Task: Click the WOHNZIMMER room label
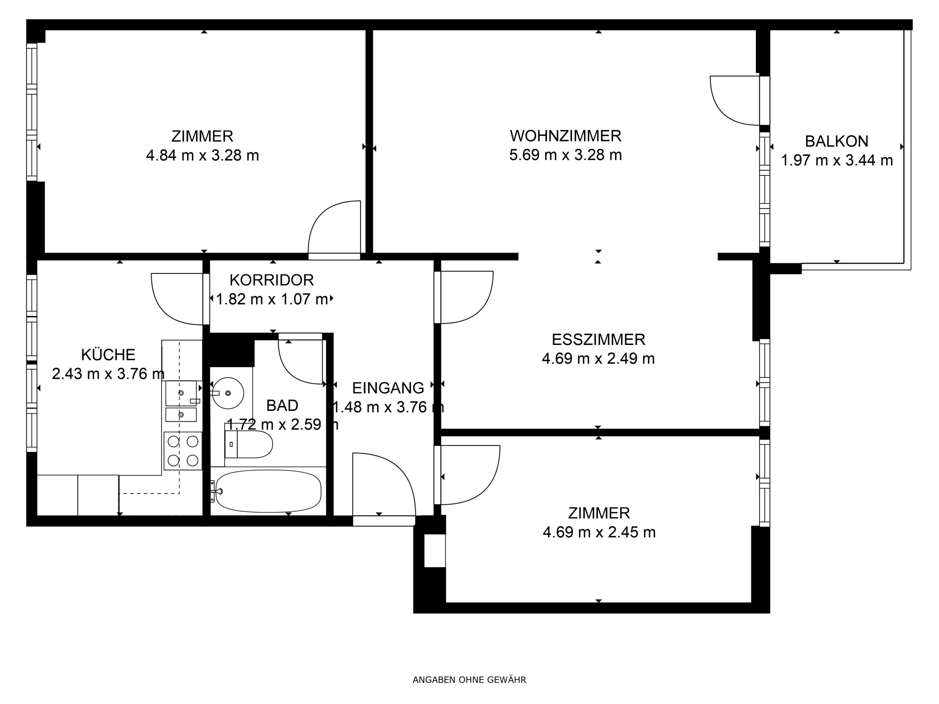[x=566, y=136]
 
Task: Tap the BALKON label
[x=836, y=141]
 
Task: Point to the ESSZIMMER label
[x=599, y=340]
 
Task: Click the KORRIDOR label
[x=272, y=280]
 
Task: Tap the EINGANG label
[x=388, y=388]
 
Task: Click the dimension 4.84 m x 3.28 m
[x=202, y=155]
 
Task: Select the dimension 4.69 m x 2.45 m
[x=599, y=532]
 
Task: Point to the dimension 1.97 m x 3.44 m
[x=837, y=160]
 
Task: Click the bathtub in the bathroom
[x=268, y=491]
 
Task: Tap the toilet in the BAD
[x=248, y=444]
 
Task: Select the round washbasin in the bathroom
[x=228, y=393]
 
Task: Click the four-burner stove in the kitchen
[x=183, y=451]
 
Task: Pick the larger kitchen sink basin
[x=181, y=393]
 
